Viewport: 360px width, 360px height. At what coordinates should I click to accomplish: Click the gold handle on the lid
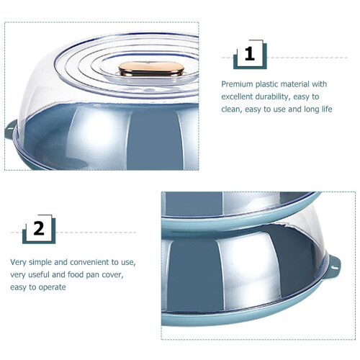point(151,69)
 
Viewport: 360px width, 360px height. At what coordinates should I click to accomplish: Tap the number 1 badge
point(250,55)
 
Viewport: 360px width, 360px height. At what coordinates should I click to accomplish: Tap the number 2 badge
point(39,229)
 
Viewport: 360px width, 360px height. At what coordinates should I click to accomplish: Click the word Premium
point(237,84)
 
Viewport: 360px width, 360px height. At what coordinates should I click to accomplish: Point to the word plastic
point(266,84)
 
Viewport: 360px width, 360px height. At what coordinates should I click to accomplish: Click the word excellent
point(237,96)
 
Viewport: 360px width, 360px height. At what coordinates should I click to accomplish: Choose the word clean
point(231,109)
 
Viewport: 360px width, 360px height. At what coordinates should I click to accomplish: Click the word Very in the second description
point(18,262)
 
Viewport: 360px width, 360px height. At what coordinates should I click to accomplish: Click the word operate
point(52,287)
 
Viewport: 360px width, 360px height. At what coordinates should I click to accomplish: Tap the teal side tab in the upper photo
point(11,130)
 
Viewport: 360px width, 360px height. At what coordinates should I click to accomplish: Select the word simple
point(40,263)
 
